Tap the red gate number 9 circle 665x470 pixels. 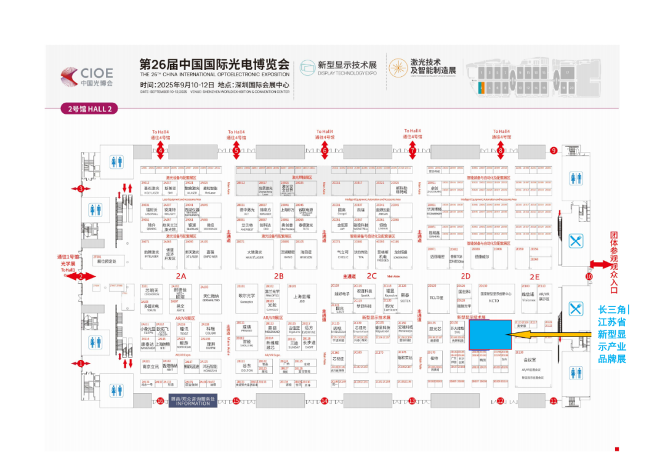(554, 150)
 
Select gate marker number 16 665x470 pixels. (161, 401)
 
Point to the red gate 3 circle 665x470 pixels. (81, 189)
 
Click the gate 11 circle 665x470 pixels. (554, 401)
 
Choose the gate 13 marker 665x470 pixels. (412, 401)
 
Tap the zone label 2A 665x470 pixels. (180, 276)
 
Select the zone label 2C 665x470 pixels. (371, 276)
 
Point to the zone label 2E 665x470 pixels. (534, 277)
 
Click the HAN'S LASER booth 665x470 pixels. (255, 253)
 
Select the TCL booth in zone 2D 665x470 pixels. (437, 298)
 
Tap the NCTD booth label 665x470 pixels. (494, 301)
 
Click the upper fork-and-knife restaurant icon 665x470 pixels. (576, 240)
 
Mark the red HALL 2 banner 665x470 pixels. (89, 109)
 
